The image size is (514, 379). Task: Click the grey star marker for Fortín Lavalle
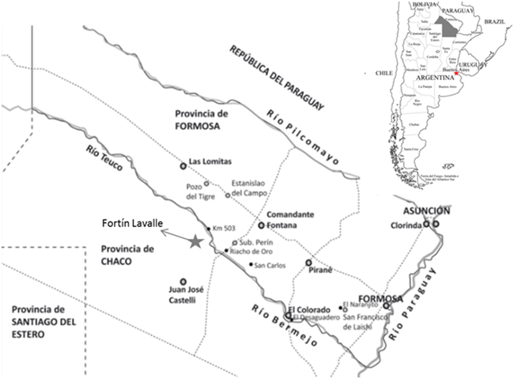195,241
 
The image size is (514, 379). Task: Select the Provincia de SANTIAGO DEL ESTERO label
36,322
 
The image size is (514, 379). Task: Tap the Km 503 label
225,229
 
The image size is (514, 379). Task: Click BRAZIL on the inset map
496,21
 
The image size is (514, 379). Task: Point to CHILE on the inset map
384,73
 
